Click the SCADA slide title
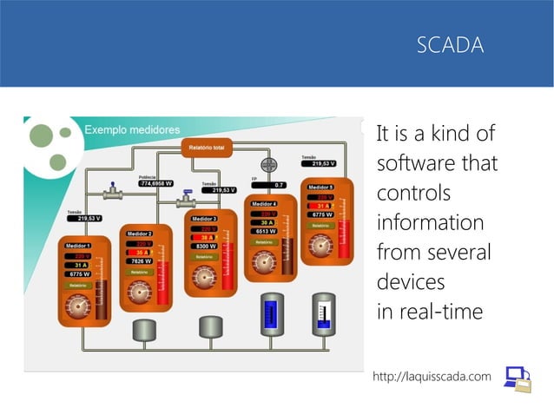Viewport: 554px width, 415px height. click(450, 45)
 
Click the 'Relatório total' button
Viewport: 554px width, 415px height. click(207, 148)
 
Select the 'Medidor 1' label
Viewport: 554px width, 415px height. click(79, 247)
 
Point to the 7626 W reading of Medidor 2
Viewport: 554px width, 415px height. click(139, 260)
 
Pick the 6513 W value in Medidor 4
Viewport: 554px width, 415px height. click(265, 232)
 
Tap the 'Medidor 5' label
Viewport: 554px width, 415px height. click(320, 187)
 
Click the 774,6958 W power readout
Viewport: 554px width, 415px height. click(156, 184)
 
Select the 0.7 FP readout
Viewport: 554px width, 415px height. click(279, 185)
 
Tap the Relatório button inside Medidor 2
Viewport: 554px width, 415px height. click(138, 272)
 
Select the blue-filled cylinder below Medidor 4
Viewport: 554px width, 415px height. click(270, 313)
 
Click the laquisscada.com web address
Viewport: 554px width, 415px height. click(432, 376)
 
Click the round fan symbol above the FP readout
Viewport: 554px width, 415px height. click(268, 165)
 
